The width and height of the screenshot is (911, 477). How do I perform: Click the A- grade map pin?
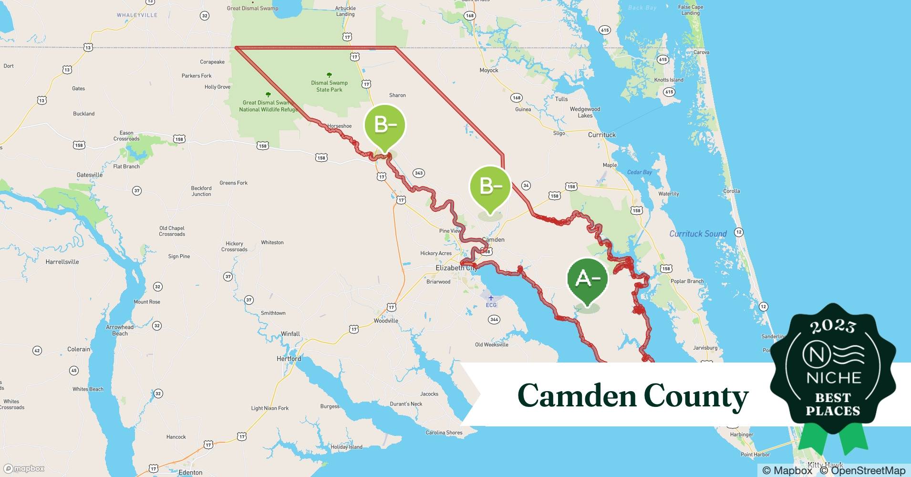tap(588, 280)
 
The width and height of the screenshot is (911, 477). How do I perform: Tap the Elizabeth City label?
tap(456, 268)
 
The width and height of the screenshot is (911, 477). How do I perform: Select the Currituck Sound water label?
tap(697, 234)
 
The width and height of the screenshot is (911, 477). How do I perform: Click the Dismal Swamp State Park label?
tap(329, 86)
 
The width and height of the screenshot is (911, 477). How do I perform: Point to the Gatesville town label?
tap(90, 175)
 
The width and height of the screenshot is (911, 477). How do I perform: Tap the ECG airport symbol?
tap(491, 299)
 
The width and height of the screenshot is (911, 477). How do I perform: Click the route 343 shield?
tap(419, 173)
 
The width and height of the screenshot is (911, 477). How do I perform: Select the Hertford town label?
tap(289, 359)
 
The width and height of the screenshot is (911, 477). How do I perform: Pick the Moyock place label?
tap(489, 70)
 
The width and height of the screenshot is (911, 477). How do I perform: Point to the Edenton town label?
tap(190, 472)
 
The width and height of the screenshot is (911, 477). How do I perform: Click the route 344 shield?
tap(494, 319)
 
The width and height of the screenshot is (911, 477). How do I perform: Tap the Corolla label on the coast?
tap(731, 191)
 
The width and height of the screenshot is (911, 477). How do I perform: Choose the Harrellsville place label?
tap(62, 262)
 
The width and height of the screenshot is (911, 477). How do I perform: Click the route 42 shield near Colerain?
tap(37, 351)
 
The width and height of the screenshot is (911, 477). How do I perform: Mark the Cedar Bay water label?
tap(639, 172)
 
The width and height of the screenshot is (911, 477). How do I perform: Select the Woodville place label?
tap(386, 321)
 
